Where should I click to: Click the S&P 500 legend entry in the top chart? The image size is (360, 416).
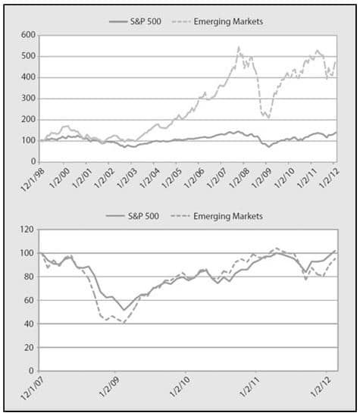(136, 21)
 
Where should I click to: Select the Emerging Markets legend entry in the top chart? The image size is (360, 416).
(218, 21)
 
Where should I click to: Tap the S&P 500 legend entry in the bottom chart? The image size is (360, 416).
(133, 216)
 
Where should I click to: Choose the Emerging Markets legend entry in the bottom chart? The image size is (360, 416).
(217, 216)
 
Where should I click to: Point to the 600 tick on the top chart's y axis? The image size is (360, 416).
(28, 35)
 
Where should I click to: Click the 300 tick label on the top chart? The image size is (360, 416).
(28, 99)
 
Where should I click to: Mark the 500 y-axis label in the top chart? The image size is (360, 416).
(28, 56)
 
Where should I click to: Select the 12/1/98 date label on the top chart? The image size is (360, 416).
(33, 180)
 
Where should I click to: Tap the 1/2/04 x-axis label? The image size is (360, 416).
(149, 178)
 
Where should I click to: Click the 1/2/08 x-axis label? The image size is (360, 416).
(239, 178)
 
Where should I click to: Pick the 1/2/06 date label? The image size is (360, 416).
(195, 178)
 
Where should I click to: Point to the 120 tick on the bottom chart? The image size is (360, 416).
(27, 230)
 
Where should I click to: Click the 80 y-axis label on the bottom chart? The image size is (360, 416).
(30, 277)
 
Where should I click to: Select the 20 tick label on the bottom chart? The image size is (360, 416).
(30, 347)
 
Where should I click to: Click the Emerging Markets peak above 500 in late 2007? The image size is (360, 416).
(239, 47)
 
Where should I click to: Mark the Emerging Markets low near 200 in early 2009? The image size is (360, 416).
(269, 117)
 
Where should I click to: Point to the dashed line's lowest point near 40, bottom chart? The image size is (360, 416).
(124, 323)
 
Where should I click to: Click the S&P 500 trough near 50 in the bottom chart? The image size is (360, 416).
(124, 310)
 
